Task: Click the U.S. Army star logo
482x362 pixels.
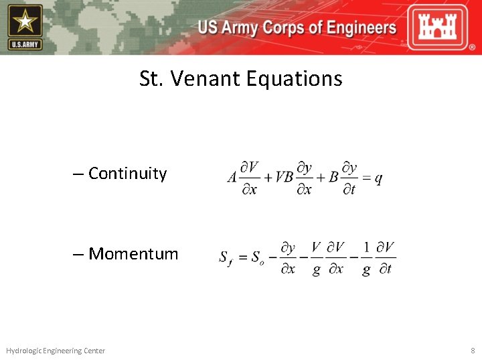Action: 25,27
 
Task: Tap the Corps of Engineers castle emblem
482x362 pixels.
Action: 443,27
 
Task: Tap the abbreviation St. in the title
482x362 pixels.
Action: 151,79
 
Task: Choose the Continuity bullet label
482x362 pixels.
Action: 127,174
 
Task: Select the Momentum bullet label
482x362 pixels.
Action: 133,254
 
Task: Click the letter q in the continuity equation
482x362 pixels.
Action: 378,178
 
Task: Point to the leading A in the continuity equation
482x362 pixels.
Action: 232,178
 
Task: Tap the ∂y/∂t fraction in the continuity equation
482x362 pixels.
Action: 348,178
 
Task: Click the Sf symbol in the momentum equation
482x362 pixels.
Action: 226,257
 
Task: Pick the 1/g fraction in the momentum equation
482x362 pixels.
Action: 366,258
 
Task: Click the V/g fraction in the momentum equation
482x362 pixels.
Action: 316,258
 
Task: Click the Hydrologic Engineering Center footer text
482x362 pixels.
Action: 56,351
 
